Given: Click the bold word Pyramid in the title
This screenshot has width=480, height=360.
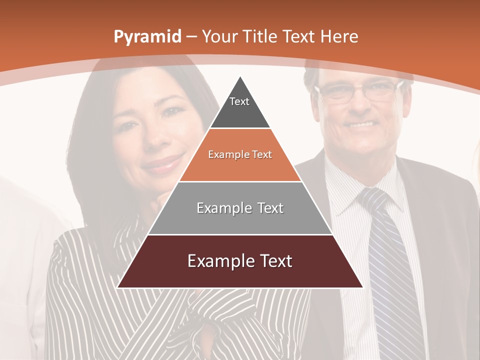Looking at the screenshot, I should [x=147, y=37].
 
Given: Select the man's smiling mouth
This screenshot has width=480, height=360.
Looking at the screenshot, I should [x=361, y=124].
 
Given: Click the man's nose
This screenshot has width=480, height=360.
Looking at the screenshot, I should [x=359, y=107].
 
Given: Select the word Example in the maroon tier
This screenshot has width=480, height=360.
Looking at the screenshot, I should [x=216, y=261].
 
